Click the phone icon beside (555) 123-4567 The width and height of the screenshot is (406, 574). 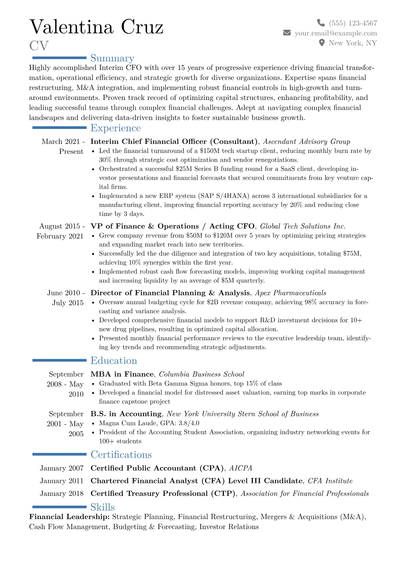coord(321,23)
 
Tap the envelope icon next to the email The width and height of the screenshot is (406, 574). coord(287,33)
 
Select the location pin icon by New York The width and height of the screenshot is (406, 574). coord(321,43)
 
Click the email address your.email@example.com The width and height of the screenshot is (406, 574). coord(336,33)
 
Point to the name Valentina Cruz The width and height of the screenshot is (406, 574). coord(97,27)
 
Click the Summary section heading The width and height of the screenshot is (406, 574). coord(112,58)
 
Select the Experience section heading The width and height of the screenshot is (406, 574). coord(115,128)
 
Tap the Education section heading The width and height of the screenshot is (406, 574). coord(114,360)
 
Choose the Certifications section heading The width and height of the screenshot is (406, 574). coord(121,455)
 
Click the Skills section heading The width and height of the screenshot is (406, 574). coord(102,507)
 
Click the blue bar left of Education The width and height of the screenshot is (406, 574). coord(59,360)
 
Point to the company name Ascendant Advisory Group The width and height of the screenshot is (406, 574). coord(306,142)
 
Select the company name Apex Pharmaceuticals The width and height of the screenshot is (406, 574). coord(290,293)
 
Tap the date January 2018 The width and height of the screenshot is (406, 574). coord(61,494)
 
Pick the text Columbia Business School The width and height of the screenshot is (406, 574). coord(201,374)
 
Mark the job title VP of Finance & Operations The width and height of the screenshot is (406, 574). coord(145,226)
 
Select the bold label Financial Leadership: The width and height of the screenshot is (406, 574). coord(69,517)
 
